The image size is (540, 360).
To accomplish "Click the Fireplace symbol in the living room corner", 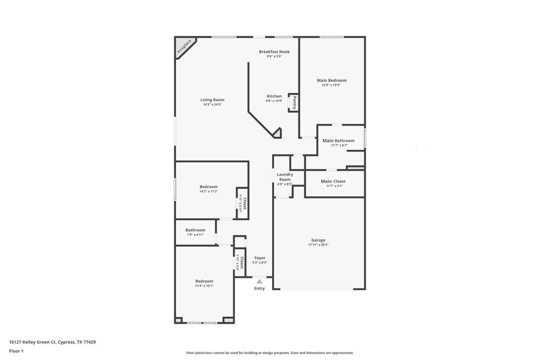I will [x=184, y=46].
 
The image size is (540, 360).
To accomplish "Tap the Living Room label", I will [x=212, y=100].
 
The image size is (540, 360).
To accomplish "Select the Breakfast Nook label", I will [x=274, y=52].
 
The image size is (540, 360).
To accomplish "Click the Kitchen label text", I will [x=274, y=96].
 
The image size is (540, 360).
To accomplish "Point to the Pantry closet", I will [x=294, y=103].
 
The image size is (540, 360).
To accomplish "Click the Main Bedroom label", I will [x=332, y=80].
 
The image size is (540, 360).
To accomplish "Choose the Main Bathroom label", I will [x=339, y=141].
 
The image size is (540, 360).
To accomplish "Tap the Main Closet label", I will [x=333, y=181].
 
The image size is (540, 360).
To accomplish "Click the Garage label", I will [x=318, y=240].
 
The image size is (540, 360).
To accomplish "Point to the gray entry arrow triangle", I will [x=259, y=281].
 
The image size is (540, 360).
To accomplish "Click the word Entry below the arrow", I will [x=259, y=288].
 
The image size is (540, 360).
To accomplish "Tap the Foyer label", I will [x=259, y=258].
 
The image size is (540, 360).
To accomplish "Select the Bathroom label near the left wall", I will [x=195, y=230].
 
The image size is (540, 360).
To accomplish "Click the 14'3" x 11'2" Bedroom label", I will [x=208, y=187].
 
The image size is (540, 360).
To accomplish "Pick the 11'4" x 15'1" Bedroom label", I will [x=204, y=281].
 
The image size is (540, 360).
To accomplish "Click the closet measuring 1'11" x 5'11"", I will [x=243, y=203].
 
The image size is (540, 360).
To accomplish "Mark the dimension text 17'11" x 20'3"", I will [x=318, y=245].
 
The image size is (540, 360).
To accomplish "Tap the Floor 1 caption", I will [x=16, y=351].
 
